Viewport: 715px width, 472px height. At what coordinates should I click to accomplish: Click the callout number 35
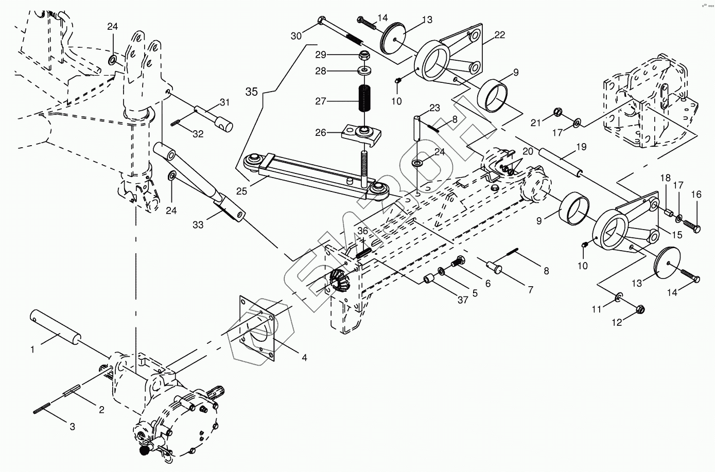click(251, 92)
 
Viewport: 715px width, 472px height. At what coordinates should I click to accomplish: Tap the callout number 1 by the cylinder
click(32, 349)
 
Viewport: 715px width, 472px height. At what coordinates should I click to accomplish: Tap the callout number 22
click(499, 35)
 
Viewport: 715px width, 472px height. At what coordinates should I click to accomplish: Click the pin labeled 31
click(214, 117)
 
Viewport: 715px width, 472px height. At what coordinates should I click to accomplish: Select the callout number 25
click(242, 191)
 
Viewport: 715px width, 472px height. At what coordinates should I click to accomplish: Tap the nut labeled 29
click(364, 55)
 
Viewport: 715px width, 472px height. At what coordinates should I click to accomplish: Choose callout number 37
click(462, 300)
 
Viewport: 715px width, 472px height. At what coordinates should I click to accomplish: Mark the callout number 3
click(72, 426)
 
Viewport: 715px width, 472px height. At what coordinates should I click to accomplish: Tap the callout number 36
click(363, 231)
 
